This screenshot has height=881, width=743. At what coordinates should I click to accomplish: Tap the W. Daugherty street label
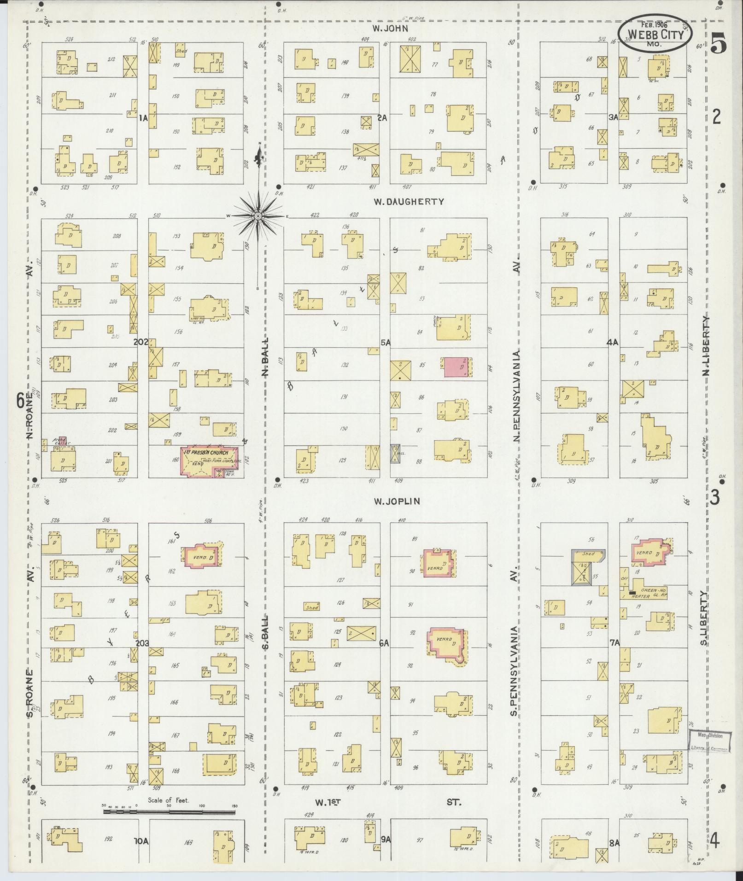coord(409,201)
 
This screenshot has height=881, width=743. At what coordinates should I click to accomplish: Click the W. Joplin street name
coord(397,501)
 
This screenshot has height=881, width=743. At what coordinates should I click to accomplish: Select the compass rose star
coord(258,216)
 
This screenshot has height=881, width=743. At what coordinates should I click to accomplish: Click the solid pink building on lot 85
coord(457,367)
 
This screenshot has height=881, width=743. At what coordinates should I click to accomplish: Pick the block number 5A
coord(385,343)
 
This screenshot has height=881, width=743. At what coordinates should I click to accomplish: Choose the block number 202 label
coord(141,342)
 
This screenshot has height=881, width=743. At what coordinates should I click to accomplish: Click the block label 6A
coord(384,643)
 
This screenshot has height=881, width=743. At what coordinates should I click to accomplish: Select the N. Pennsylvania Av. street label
coord(516,396)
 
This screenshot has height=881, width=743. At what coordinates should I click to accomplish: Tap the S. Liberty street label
coord(705,626)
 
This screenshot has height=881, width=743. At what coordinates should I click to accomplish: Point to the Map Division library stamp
coord(710,742)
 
